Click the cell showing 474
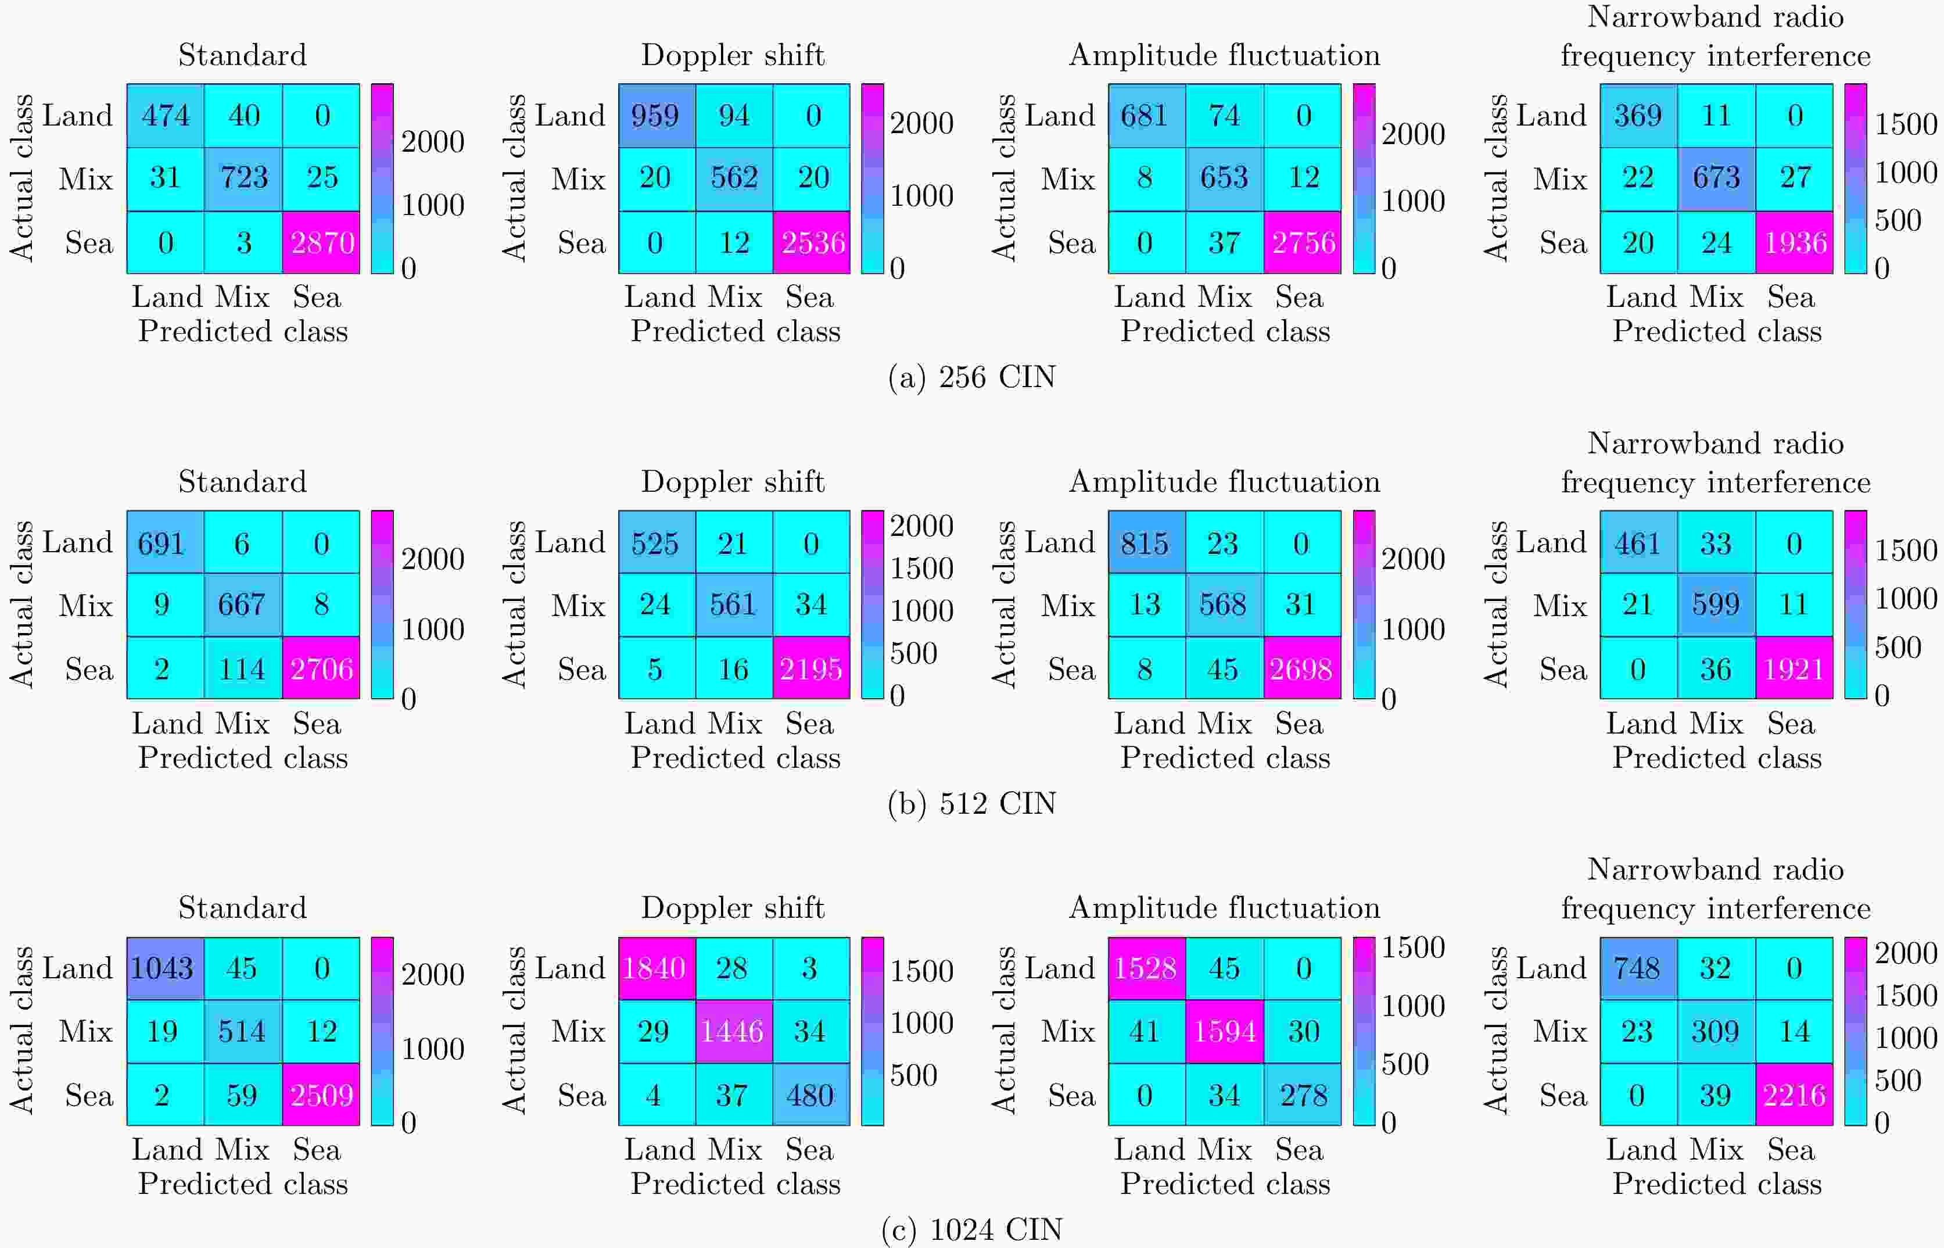165,115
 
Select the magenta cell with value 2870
321,242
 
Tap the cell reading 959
656,115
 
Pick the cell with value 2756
1303,242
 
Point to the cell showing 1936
1795,242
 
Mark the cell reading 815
1145,542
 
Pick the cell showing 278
1303,1095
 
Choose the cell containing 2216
1795,1095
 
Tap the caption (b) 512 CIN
972,804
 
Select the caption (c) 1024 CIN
972,1230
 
